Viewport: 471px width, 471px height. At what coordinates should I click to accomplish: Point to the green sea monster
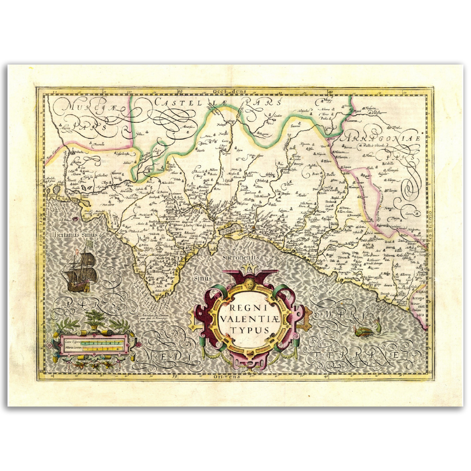pos(367,329)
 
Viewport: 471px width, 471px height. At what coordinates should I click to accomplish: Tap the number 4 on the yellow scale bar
pos(117,348)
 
